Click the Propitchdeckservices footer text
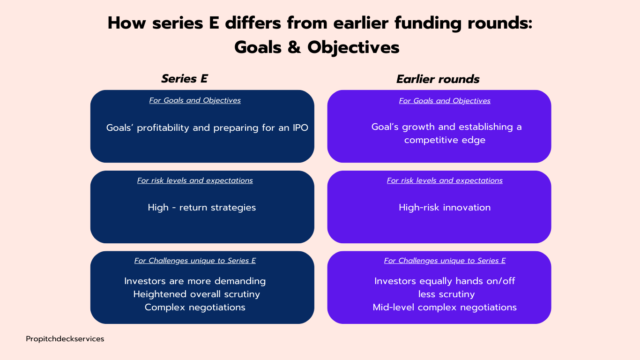[65, 339]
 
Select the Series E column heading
[184, 79]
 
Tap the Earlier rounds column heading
[438, 79]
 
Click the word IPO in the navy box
[300, 127]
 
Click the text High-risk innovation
[445, 207]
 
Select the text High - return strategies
[202, 208]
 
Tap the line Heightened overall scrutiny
[197, 294]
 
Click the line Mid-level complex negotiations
[445, 307]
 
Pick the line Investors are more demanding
[195, 281]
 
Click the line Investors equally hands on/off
[445, 281]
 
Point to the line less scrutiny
[447, 294]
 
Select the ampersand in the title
[294, 47]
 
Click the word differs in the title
[253, 23]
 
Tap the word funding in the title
[428, 23]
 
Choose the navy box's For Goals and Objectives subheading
[195, 100]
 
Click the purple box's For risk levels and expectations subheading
[445, 180]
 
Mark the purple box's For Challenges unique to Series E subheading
[445, 261]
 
